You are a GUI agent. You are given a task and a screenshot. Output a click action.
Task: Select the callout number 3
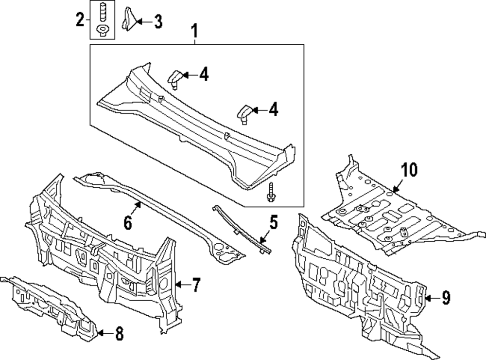(x=158, y=21)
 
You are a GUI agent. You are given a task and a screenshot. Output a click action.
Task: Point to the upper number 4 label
(x=203, y=74)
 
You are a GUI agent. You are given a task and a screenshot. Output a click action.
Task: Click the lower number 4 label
(x=273, y=110)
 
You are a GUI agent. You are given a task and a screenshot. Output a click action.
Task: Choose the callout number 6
(x=128, y=222)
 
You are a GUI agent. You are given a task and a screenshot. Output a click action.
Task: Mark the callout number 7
(x=195, y=285)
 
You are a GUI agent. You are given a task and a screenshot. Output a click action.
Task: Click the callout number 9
(x=446, y=297)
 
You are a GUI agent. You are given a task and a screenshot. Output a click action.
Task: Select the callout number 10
(x=409, y=170)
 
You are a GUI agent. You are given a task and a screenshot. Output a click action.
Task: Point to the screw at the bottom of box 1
(x=270, y=191)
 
